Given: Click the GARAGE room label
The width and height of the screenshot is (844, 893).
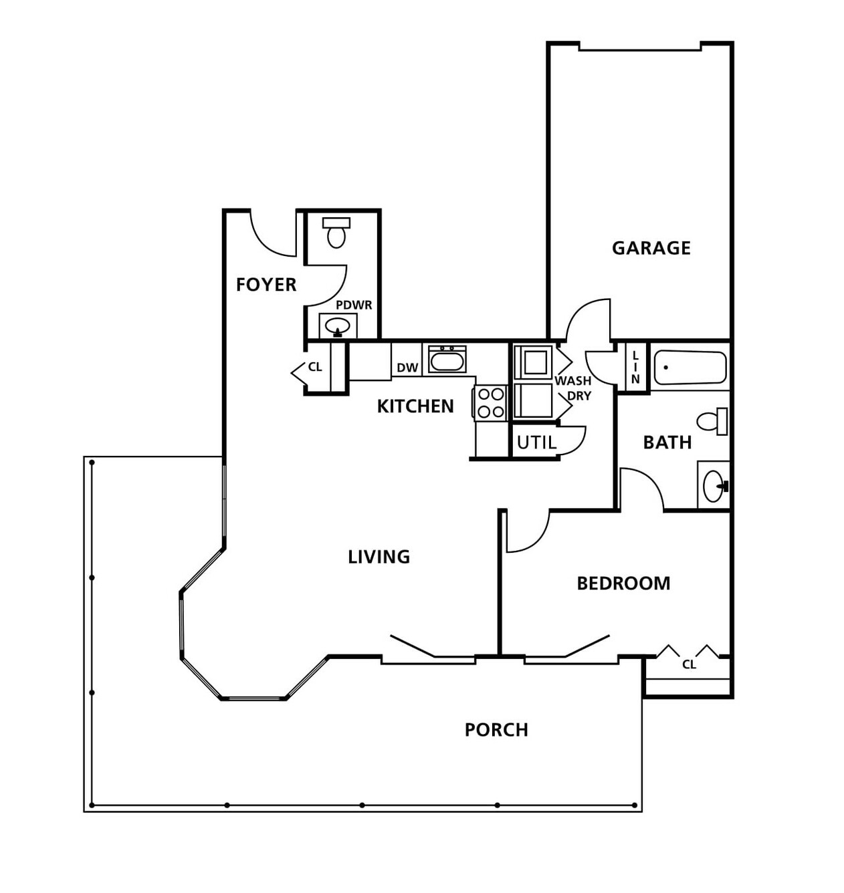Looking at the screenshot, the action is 651,248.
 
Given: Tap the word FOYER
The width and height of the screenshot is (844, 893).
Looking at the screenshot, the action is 266,285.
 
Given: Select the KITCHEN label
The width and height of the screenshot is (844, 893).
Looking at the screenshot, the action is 415,406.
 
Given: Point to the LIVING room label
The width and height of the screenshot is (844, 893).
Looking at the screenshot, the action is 379,557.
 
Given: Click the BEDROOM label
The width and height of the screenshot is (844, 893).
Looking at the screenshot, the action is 623,584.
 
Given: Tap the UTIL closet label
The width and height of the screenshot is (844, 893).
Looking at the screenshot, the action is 537,443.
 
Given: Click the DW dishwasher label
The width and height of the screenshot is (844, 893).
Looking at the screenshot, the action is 407,368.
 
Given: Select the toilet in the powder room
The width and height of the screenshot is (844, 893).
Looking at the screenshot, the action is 336,233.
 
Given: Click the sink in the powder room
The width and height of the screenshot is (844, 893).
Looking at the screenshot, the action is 338,326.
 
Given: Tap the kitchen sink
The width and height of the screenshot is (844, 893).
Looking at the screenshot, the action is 447,359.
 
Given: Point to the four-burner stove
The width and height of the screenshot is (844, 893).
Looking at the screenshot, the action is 490,403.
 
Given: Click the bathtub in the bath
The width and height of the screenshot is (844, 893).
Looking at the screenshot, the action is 690,368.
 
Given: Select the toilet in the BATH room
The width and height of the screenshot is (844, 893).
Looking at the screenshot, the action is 712,421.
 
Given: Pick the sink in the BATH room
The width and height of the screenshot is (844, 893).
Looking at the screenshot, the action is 714,486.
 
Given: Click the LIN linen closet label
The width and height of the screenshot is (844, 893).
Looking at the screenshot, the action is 635,368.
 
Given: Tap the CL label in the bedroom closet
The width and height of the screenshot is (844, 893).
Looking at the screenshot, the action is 689,664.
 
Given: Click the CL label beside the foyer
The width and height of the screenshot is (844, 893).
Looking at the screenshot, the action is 315,368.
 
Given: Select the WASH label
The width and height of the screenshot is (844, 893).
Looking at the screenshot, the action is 572,381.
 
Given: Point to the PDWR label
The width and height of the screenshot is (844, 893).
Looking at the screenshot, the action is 354,305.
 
